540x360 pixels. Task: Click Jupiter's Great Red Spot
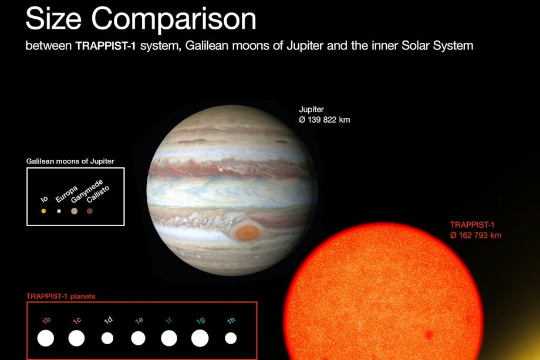(247, 233)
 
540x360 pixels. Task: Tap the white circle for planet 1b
(45, 338)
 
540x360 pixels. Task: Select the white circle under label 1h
(231, 338)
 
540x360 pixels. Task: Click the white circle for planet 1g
(200, 338)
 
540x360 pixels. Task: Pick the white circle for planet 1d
(107, 338)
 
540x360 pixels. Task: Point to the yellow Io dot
(43, 211)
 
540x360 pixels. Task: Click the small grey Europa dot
(59, 211)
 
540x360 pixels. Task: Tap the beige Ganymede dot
(74, 211)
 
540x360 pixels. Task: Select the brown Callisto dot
(90, 211)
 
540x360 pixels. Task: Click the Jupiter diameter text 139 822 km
(325, 120)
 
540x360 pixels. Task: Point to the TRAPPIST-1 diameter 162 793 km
(475, 235)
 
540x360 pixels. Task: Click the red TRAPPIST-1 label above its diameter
(472, 225)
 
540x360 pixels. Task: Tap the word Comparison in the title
(174, 19)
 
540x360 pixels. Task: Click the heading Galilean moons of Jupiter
(70, 162)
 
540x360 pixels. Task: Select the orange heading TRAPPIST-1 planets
(61, 296)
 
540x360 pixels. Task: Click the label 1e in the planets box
(139, 321)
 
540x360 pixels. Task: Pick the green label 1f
(169, 321)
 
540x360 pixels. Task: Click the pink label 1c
(77, 321)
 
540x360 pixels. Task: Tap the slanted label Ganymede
(87, 191)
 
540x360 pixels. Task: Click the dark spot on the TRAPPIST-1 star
(428, 335)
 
